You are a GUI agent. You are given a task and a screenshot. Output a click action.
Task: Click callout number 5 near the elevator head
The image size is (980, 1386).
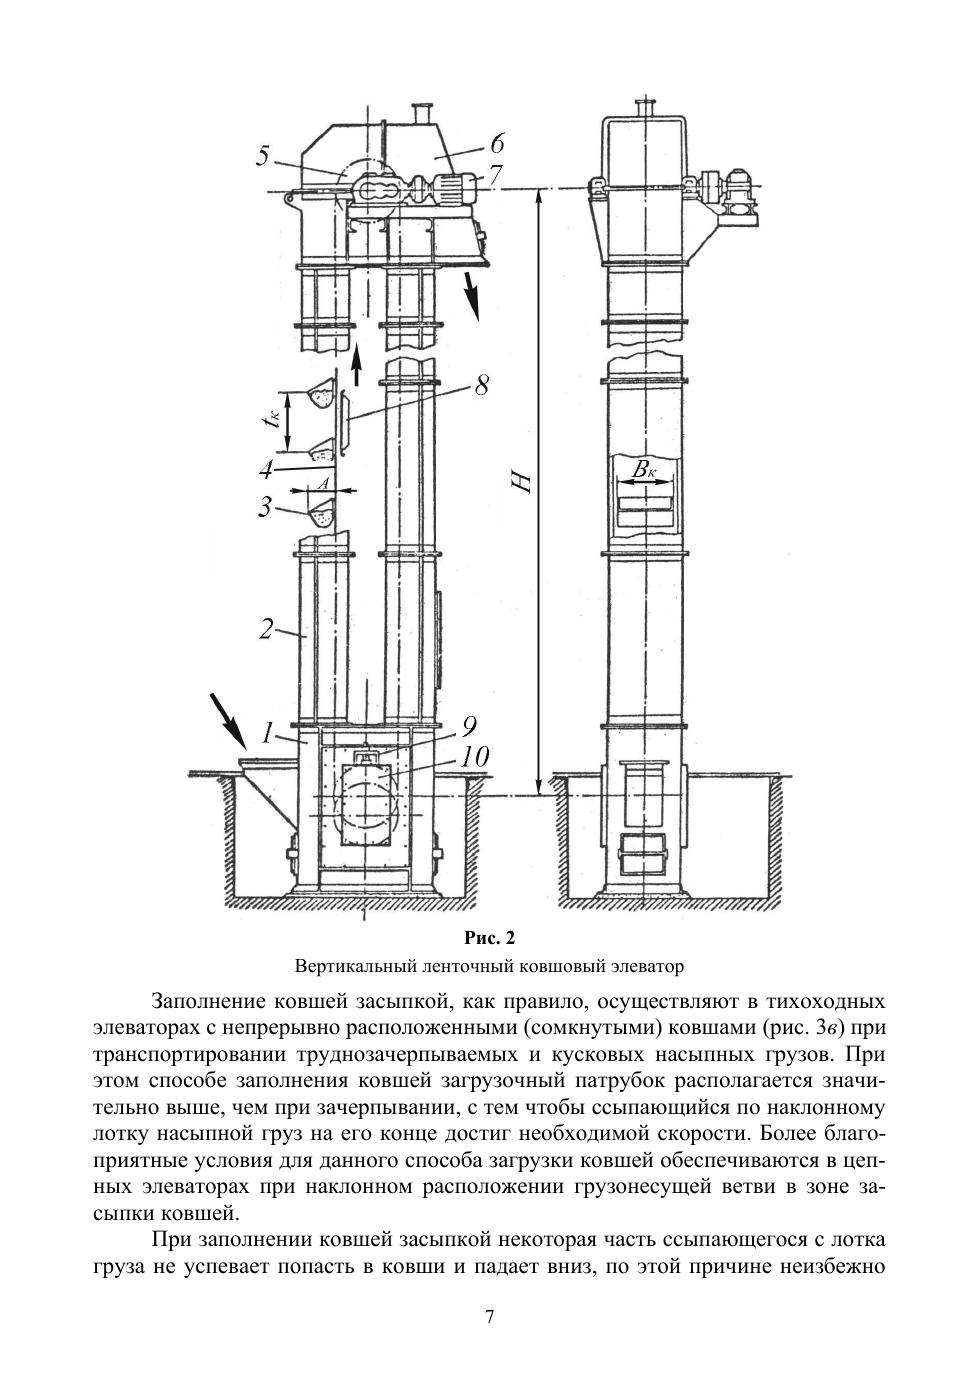263,156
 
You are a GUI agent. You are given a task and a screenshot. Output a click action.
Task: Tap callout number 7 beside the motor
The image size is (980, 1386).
494,175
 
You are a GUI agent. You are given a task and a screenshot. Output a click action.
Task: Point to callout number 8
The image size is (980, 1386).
482,386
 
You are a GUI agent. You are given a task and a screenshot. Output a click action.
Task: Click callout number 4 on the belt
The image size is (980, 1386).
266,469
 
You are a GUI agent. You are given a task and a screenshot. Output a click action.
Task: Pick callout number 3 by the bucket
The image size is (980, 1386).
265,507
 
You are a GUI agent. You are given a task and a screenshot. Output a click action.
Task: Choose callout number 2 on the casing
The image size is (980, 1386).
266,630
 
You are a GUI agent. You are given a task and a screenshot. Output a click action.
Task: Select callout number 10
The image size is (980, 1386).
475,757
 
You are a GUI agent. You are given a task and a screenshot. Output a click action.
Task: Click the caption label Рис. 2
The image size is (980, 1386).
490,938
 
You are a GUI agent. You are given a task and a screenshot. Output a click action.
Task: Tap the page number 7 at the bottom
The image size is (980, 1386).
489,1317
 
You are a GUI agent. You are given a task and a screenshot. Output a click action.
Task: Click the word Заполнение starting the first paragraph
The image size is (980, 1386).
212,1001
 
